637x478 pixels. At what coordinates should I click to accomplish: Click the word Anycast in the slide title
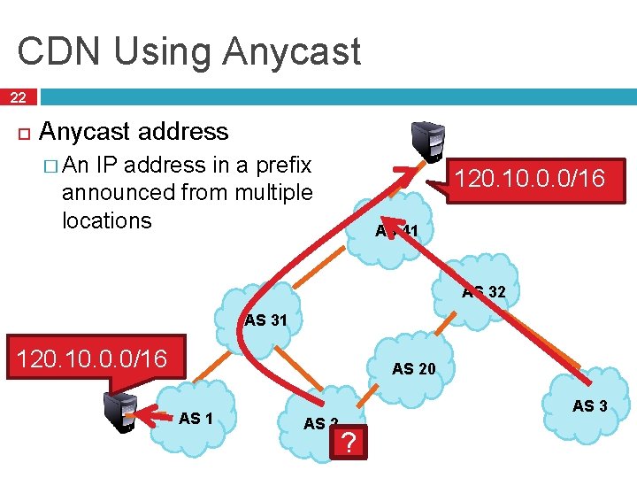click(x=292, y=51)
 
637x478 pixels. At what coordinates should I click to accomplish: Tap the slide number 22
click(x=18, y=97)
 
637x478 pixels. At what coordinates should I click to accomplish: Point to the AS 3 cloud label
click(x=589, y=406)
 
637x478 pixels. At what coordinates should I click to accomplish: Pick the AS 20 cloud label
click(x=414, y=368)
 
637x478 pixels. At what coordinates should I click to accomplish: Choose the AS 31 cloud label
click(x=266, y=320)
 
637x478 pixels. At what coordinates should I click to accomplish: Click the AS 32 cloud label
click(x=484, y=291)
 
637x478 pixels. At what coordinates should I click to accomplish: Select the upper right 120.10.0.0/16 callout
click(x=528, y=180)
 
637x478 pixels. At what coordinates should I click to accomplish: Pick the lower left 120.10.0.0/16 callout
click(x=88, y=358)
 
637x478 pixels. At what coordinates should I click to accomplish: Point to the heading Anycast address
click(x=134, y=132)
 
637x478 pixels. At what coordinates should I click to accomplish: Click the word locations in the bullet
click(x=107, y=220)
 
